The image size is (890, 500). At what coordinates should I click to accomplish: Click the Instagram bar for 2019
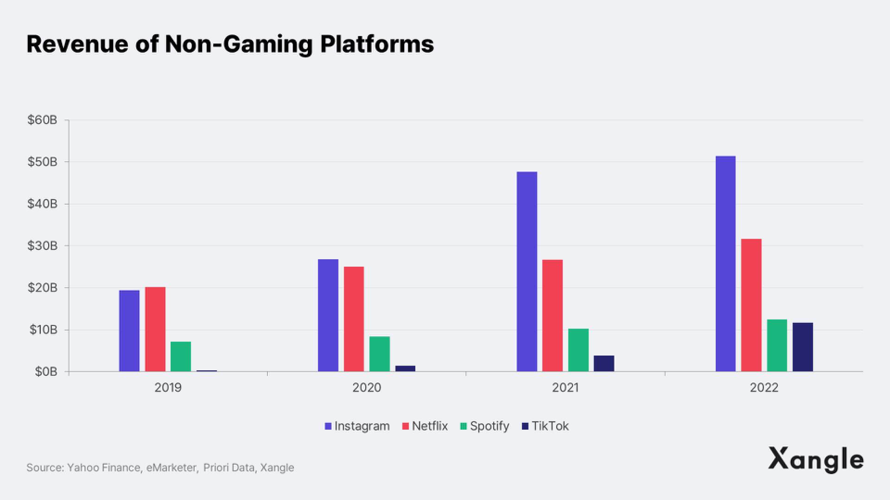(129, 331)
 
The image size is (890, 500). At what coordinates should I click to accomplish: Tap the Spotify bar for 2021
(578, 350)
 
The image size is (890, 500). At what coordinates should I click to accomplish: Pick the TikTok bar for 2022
(802, 347)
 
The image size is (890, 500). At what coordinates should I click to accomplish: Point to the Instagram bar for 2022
(725, 264)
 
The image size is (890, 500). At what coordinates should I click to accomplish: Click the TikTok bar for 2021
(604, 363)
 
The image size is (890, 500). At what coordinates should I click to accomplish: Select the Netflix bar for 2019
(155, 329)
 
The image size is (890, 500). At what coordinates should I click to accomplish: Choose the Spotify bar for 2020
(380, 354)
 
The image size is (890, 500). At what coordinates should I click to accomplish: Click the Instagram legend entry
(357, 426)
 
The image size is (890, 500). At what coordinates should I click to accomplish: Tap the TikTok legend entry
(546, 426)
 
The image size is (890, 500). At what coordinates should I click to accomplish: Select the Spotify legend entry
(485, 426)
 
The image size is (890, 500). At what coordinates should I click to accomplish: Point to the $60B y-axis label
(42, 120)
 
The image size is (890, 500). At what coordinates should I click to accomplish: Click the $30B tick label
(42, 246)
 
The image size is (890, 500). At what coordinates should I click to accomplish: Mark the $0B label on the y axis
(45, 372)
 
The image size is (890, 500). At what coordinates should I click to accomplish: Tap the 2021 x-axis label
(565, 387)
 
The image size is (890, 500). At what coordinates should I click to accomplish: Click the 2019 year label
(168, 387)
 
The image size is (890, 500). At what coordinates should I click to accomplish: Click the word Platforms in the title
(377, 44)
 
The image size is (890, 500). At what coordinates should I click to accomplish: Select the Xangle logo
(816, 460)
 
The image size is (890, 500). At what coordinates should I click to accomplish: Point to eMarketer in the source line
(172, 468)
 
